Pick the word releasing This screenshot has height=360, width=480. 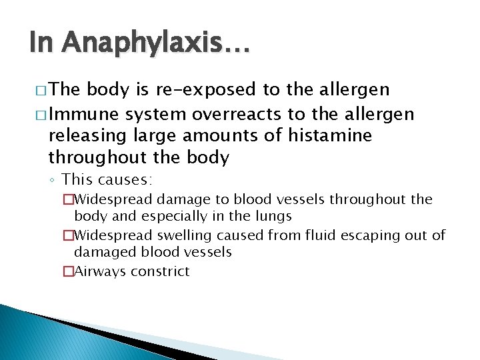[80, 136]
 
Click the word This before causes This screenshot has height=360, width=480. [77, 179]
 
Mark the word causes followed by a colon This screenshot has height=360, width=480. [125, 179]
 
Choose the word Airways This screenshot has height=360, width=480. [100, 271]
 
